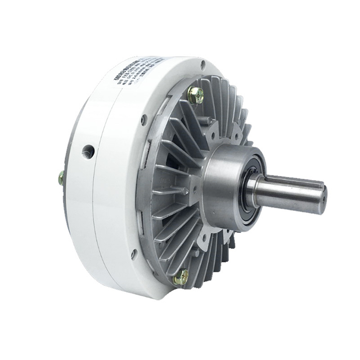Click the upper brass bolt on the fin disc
click(x=195, y=95)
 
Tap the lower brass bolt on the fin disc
click(x=181, y=277)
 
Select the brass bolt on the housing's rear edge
click(x=61, y=178)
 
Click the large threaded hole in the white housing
click(x=88, y=151)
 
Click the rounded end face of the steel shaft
click(x=321, y=200)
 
